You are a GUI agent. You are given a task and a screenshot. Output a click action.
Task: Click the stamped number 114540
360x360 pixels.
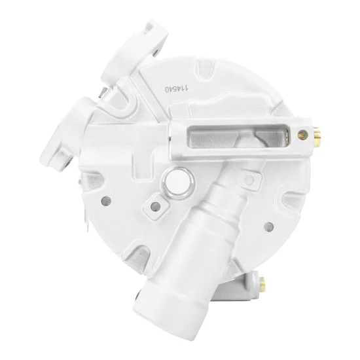click(177, 89)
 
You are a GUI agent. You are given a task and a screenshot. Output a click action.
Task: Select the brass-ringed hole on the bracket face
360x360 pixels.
click(302, 135)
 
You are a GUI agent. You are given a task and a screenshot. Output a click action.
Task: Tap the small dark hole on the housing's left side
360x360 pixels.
click(106, 201)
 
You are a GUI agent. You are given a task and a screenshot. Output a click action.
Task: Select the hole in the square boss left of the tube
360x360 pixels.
click(155, 206)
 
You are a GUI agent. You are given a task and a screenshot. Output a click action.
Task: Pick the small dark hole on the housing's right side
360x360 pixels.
click(269, 227)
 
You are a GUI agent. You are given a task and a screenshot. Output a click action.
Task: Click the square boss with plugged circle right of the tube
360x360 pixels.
click(249, 180)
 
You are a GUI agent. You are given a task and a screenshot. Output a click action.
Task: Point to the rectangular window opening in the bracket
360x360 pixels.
click(238, 137)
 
